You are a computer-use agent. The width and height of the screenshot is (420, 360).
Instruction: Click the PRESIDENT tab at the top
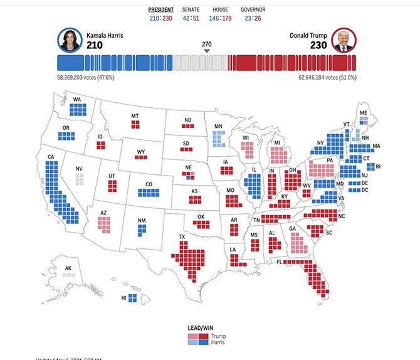pos(161,10)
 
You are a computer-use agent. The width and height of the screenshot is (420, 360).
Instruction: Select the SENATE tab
pos(191,10)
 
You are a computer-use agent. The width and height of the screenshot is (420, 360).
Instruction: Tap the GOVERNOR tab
pos(253,10)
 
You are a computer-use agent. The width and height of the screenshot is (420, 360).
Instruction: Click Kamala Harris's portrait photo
pos(69,40)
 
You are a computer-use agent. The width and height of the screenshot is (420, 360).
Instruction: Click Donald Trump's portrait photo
pos(342,40)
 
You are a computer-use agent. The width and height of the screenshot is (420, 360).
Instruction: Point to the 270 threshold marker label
pos(207,44)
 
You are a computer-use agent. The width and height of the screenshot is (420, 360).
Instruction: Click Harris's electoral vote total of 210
pos(95,45)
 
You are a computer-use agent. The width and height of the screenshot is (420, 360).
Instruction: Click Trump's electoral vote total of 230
pos(318,45)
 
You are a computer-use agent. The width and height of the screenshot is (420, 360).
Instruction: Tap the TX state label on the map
pos(182,238)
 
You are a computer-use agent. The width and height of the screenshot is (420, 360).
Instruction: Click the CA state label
pos(51,157)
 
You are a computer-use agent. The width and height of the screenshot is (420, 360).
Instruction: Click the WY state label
pos(141,151)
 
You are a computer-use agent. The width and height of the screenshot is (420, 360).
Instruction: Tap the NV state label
pos(79,169)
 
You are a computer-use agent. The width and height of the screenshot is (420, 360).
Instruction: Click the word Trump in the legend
pos(219,336)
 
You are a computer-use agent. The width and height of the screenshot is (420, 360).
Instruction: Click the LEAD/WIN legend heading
pos(201,328)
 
